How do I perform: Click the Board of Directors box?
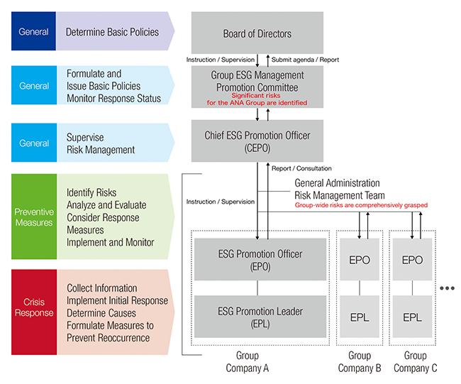[257, 33]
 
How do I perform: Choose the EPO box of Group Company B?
[360, 260]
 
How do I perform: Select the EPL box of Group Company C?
[412, 317]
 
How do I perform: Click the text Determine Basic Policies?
[112, 32]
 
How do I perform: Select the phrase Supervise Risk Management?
[101, 144]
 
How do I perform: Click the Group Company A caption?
[248, 361]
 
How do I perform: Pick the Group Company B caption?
[360, 361]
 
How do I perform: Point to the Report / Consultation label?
[301, 169]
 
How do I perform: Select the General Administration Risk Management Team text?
[339, 190]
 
